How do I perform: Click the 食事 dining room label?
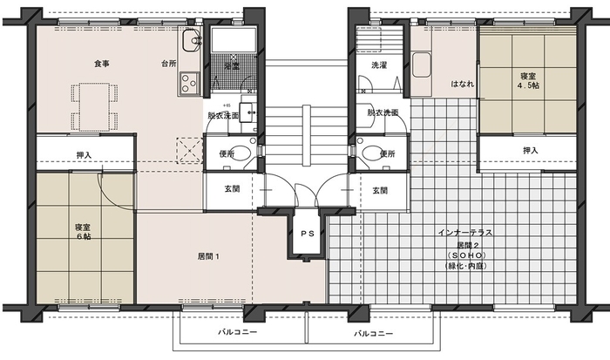click(102, 64)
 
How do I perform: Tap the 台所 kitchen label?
click(169, 64)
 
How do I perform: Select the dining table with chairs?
click(94, 106)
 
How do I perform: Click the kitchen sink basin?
click(192, 40)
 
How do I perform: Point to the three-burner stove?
click(189, 83)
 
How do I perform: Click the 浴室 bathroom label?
click(232, 66)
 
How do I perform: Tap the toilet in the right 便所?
click(370, 153)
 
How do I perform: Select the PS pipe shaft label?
click(308, 234)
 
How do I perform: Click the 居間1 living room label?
click(209, 256)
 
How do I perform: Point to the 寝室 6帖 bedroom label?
click(84, 232)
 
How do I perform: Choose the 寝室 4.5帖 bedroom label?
click(528, 80)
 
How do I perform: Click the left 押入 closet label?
click(84, 155)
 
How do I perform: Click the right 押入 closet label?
click(530, 150)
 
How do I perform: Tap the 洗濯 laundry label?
click(379, 65)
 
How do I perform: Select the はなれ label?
click(463, 84)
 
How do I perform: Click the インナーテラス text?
click(465, 233)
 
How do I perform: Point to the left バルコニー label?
click(237, 332)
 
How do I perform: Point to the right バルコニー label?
click(373, 334)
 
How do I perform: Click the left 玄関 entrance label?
click(233, 189)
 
